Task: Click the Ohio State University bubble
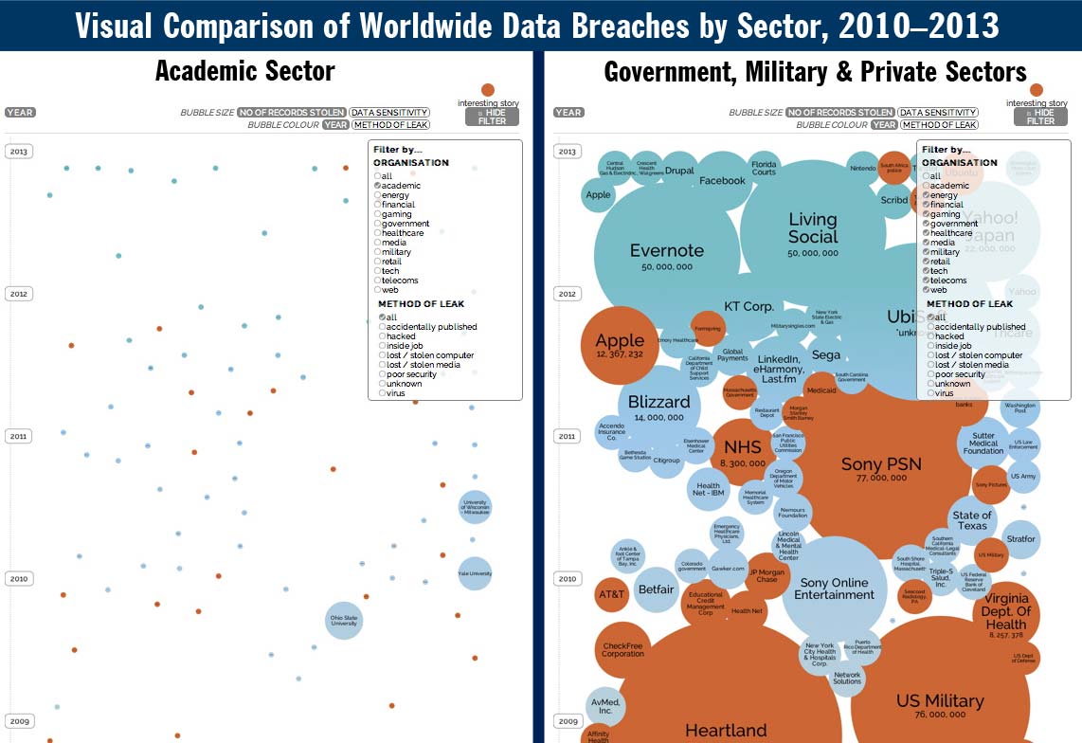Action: coord(344,621)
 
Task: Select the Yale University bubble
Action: coord(475,572)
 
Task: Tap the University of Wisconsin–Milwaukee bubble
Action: coord(475,508)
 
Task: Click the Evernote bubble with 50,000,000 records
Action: coord(667,254)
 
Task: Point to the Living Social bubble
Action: coord(812,229)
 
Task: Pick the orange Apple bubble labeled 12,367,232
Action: coord(620,343)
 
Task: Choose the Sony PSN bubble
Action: coord(874,466)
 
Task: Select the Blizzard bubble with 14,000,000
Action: coord(658,406)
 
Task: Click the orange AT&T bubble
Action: coord(611,594)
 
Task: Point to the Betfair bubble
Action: coord(656,589)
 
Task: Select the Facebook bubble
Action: coord(722,180)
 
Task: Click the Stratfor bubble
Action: coord(1021,539)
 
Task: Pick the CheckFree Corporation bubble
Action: coord(622,649)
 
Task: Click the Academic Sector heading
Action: coord(244,71)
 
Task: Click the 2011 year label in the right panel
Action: coord(568,437)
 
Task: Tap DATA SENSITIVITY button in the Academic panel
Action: coord(389,113)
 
